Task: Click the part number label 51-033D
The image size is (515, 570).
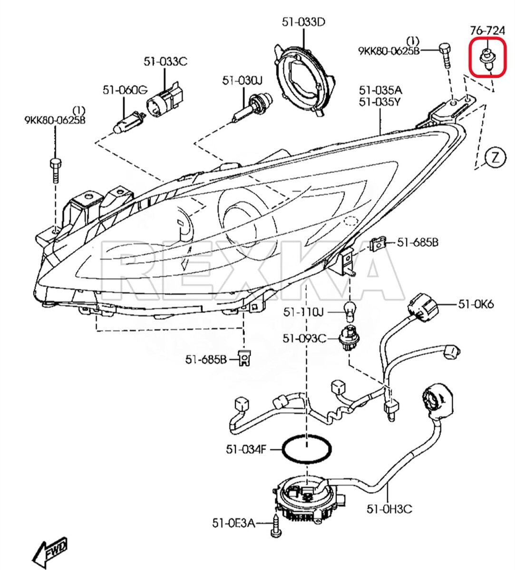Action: tap(303, 21)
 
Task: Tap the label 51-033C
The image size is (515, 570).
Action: tap(165, 61)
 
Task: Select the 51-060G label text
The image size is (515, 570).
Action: tap(125, 90)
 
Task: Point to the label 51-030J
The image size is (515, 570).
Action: tap(242, 81)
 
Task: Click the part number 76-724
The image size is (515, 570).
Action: tap(487, 31)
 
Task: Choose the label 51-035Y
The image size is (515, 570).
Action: tap(380, 102)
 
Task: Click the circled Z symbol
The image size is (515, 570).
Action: tap(496, 157)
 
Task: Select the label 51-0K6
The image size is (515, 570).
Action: tap(476, 304)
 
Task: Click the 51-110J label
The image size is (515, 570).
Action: tap(303, 312)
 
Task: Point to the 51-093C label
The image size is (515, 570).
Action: tap(304, 338)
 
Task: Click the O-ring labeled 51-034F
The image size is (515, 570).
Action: tap(307, 449)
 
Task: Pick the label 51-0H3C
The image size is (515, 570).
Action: tap(389, 509)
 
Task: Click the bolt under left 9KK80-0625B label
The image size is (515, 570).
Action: tap(55, 171)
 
